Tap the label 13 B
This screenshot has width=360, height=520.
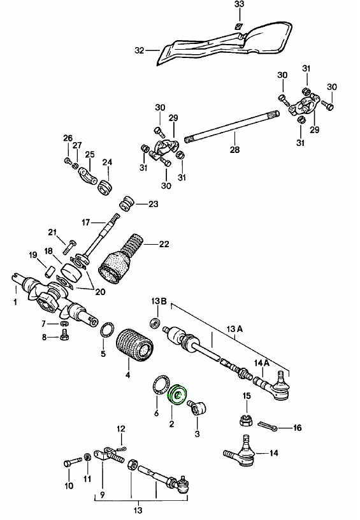tap(159, 300)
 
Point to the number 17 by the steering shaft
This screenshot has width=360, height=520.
tap(87, 222)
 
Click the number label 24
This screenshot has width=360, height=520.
tap(107, 162)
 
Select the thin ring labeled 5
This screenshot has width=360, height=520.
tap(108, 330)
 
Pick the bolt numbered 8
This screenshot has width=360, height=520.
tap(62, 338)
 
